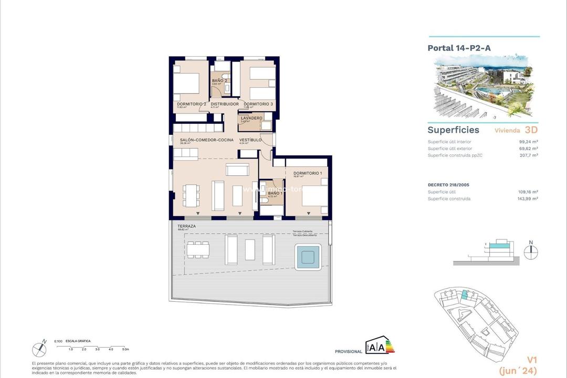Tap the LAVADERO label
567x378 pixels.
point(251,118)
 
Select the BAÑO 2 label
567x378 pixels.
point(219,81)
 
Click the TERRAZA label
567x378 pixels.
point(186,226)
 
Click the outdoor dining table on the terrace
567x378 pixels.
point(198,250)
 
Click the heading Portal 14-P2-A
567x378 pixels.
point(459,48)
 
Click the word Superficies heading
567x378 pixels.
point(453,130)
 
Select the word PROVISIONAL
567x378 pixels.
point(349,351)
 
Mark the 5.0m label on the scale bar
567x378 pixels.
point(125,349)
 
